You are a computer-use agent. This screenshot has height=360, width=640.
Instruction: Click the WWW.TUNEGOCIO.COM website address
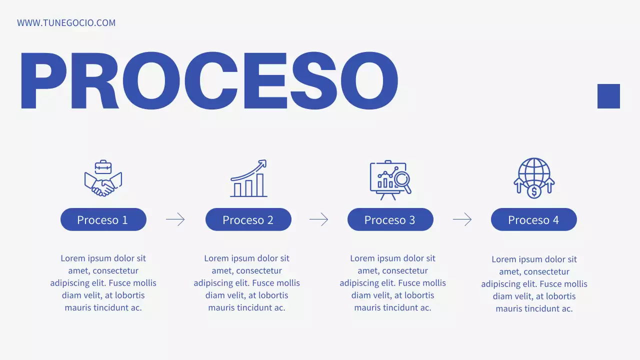pos(66,23)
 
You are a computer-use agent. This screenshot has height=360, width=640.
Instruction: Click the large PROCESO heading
pos(208,80)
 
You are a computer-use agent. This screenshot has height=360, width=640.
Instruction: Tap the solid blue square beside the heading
pos(608,96)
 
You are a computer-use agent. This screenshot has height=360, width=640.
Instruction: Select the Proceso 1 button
pos(103,219)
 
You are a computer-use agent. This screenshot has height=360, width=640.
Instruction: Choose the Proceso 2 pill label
pos(248,219)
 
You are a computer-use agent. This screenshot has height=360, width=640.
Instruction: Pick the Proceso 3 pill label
pos(390,219)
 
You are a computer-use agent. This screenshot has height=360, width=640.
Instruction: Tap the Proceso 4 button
pos(533,219)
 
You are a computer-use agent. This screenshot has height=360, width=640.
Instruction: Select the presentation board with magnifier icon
pos(390,180)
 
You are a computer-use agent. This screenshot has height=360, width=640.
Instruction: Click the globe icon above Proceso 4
pos(534,172)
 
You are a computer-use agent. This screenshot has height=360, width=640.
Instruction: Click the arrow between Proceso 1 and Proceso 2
pos(175,219)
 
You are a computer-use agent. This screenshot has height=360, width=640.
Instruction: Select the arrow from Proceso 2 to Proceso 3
pos(319,219)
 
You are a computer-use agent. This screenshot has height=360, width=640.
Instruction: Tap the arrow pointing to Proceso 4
pos(462,219)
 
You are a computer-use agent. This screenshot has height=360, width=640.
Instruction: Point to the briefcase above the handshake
pos(103,166)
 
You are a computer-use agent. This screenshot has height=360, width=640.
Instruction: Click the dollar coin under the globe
pos(534,191)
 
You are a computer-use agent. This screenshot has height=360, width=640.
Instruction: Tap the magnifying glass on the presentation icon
pos(402,179)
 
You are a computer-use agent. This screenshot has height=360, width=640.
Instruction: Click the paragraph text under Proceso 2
pos(247,283)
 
